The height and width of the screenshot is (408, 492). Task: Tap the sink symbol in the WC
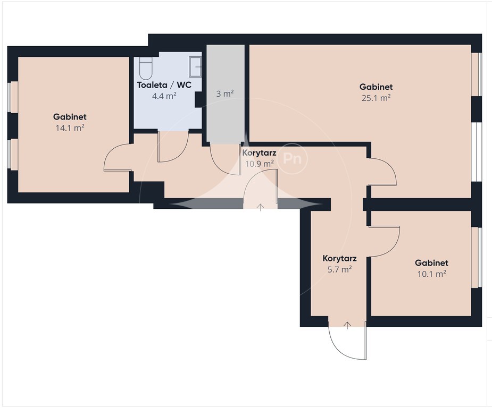pos(195,66)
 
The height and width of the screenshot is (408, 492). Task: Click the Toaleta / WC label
pos(164,85)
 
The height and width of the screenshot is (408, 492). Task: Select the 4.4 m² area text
pos(164,96)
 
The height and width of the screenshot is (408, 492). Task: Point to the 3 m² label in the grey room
pos(224,93)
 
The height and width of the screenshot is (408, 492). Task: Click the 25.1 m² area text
pos(376,98)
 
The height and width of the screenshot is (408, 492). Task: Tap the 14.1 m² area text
pos(70,128)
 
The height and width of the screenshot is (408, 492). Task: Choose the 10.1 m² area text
pos(432,274)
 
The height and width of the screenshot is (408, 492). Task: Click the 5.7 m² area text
pos(339,269)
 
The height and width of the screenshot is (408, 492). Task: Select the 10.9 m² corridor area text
pos(259,164)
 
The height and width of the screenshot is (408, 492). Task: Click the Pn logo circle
pos(292,158)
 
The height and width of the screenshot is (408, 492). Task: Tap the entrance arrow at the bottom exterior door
pos(347,326)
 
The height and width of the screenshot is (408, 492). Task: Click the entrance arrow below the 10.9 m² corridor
pos(261,207)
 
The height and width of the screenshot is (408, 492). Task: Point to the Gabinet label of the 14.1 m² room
pos(70,117)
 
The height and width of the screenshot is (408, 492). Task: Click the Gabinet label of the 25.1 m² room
pos(376,87)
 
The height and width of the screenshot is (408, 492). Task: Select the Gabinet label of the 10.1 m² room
pos(432,263)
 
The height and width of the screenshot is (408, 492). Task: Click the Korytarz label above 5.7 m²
pos(339,259)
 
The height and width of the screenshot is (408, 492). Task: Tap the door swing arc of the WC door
pos(182,154)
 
